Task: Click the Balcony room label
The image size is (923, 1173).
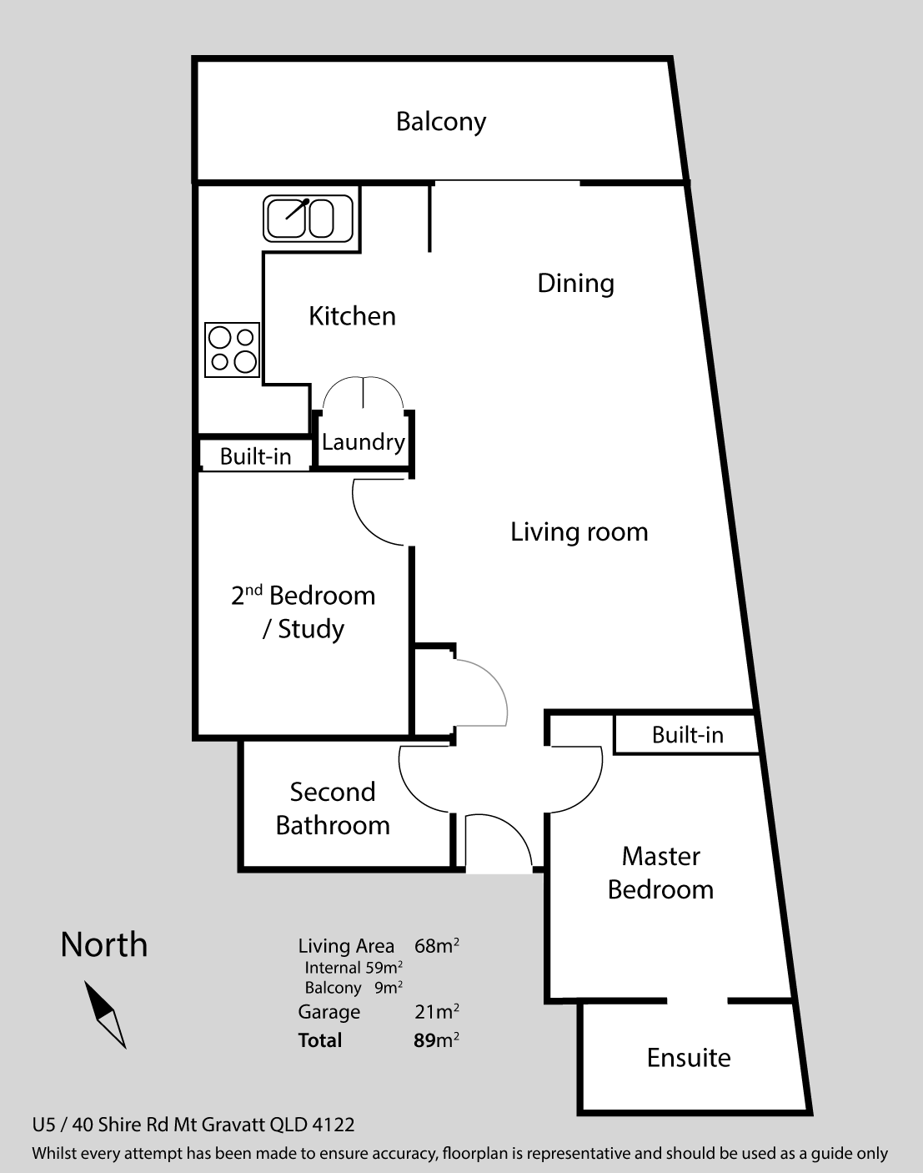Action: pyautogui.click(x=441, y=122)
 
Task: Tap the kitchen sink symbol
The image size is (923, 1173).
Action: pyautogui.click(x=308, y=219)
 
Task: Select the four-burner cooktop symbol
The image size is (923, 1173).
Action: pyautogui.click(x=232, y=350)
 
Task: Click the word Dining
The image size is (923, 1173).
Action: pyautogui.click(x=576, y=284)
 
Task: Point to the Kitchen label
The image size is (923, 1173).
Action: pyautogui.click(x=352, y=316)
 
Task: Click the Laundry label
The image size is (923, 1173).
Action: pyautogui.click(x=364, y=442)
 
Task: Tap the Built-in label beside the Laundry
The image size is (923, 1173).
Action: pyautogui.click(x=255, y=456)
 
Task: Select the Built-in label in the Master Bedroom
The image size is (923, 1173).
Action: pyautogui.click(x=688, y=735)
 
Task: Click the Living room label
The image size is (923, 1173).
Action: pyautogui.click(x=579, y=532)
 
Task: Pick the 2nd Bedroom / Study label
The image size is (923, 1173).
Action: pyautogui.click(x=303, y=612)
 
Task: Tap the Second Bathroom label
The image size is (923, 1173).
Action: pyautogui.click(x=333, y=808)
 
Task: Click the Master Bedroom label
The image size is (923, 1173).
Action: pyautogui.click(x=660, y=873)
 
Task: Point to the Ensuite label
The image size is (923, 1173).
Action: pyautogui.click(x=689, y=1058)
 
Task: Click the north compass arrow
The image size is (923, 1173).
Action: pyautogui.click(x=105, y=1014)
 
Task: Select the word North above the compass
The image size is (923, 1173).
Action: pyautogui.click(x=104, y=944)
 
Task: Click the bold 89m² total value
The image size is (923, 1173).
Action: pyautogui.click(x=436, y=1040)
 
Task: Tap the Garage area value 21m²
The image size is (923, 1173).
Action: pyautogui.click(x=436, y=1012)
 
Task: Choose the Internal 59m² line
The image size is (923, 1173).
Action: pyautogui.click(x=354, y=968)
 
